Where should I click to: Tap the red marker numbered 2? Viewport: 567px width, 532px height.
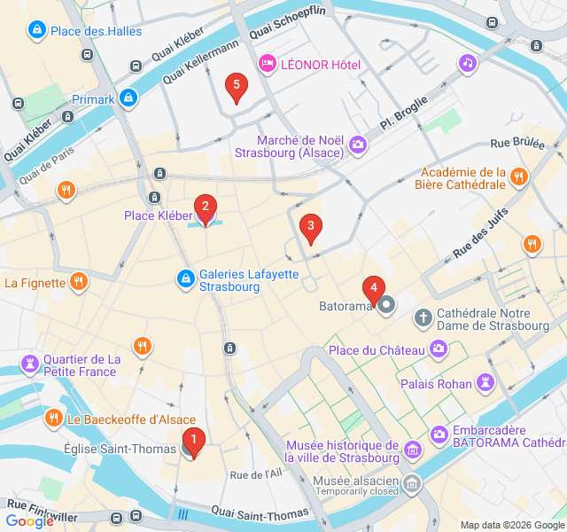pyautogui.click(x=206, y=210)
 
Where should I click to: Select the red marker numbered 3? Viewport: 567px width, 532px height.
pyautogui.click(x=309, y=228)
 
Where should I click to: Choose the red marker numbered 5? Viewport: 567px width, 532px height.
pyautogui.click(x=235, y=88)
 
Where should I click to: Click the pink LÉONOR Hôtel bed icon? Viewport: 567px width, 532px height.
pyautogui.click(x=266, y=63)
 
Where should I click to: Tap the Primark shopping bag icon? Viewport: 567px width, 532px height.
pyautogui.click(x=128, y=98)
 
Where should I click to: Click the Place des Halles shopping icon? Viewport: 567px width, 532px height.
pyautogui.click(x=36, y=31)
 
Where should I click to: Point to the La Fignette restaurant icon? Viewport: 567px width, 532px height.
pyautogui.click(x=79, y=283)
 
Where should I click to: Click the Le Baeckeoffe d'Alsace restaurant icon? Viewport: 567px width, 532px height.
pyautogui.click(x=54, y=418)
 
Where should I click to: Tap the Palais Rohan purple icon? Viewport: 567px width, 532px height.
pyautogui.click(x=484, y=383)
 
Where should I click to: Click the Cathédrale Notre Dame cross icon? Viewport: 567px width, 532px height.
pyautogui.click(x=423, y=317)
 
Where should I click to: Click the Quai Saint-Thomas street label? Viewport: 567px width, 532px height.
pyautogui.click(x=259, y=512)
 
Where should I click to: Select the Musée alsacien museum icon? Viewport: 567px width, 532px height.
pyautogui.click(x=412, y=483)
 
